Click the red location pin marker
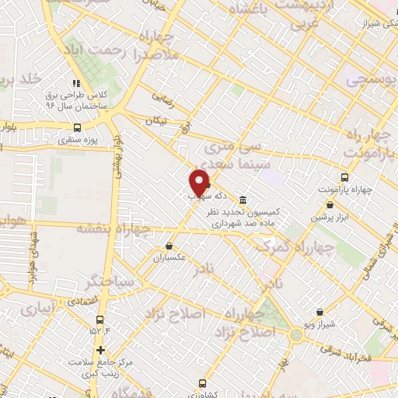(199, 183)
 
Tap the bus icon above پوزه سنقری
(77, 128)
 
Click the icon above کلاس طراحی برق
(76, 83)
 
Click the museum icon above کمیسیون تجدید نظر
(243, 198)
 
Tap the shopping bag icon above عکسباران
(169, 246)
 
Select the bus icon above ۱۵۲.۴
(99, 319)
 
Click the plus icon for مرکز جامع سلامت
(100, 349)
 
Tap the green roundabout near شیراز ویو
(296, 335)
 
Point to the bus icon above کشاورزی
(203, 383)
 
